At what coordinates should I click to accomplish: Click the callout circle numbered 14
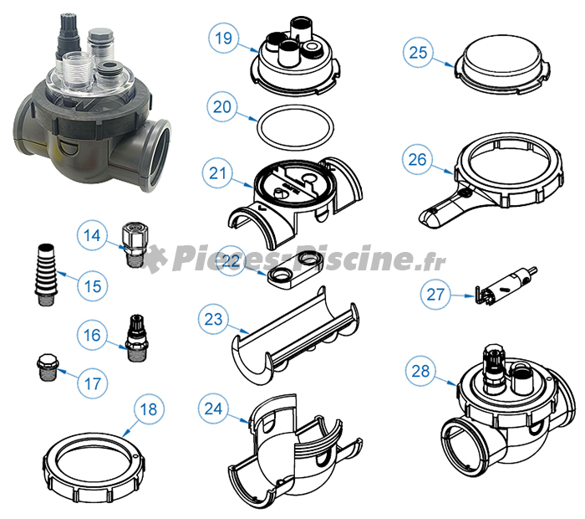(x=92, y=235)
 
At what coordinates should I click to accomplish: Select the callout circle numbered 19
(x=223, y=39)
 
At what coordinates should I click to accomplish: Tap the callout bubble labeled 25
(x=418, y=52)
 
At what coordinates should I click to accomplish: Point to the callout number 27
(x=435, y=295)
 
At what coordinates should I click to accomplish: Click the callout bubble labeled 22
(x=231, y=261)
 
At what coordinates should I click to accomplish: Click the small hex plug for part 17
(x=46, y=367)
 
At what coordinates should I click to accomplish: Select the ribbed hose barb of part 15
(x=45, y=275)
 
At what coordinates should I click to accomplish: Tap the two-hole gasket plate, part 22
(x=295, y=269)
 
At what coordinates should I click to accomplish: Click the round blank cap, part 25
(x=501, y=64)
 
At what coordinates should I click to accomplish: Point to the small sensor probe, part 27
(x=506, y=285)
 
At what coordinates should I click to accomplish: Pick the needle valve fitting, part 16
(x=135, y=338)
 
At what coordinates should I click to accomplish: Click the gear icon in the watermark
(x=155, y=258)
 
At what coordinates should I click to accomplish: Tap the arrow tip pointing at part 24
(x=249, y=423)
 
